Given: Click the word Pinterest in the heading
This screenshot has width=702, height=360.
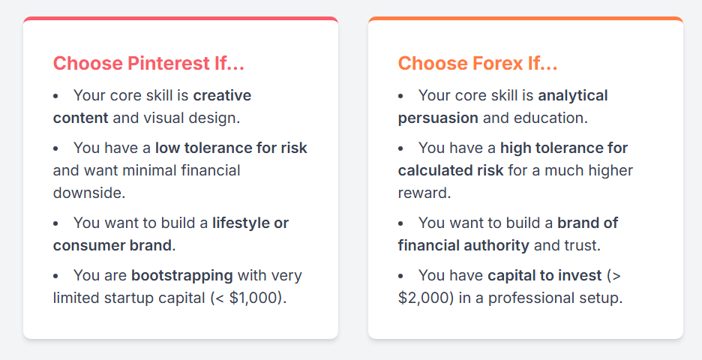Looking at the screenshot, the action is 169,63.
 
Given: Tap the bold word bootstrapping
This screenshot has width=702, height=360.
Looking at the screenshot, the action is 181,276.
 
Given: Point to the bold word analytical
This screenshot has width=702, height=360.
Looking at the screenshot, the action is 572,95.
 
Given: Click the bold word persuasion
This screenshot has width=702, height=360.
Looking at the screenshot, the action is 438,118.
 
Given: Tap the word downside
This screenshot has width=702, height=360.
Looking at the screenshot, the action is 89,193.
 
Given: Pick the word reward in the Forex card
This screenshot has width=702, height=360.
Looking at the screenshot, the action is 424,193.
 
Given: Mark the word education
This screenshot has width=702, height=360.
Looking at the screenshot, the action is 550,118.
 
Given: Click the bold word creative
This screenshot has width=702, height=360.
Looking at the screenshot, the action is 222,95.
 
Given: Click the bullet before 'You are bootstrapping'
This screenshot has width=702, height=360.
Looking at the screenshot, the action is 55,276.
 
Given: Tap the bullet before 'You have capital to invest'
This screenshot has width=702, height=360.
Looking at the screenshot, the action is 400,276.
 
